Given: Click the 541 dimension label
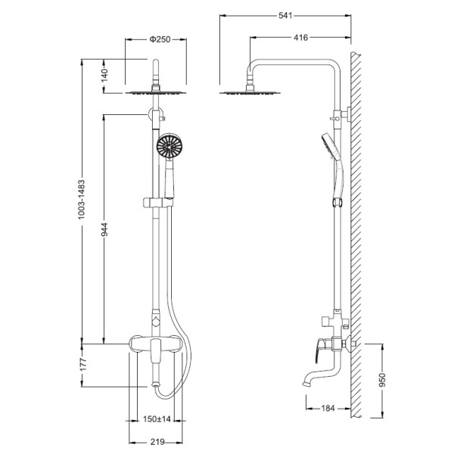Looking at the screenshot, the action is click(285, 15).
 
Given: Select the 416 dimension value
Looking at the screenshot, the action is click(301, 37).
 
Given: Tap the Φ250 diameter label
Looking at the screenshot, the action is click(160, 39).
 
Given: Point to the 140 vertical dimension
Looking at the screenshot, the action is click(104, 75).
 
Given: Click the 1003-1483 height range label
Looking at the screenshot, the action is click(82, 199).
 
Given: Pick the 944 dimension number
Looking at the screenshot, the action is click(104, 229).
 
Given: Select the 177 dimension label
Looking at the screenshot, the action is click(83, 365).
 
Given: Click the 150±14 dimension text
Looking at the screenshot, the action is click(157, 419).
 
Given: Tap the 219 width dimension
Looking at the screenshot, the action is click(157, 442).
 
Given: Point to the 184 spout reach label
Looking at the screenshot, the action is click(328, 409).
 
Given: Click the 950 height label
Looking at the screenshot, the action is click(382, 380).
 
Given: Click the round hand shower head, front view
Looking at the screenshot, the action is click(169, 146).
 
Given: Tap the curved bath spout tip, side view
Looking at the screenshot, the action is click(306, 384).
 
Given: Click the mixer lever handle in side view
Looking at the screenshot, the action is click(319, 350).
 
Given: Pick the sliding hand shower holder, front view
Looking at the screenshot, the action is click(158, 203).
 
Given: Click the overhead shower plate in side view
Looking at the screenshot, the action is click(250, 93).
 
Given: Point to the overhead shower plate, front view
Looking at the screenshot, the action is click(156, 93).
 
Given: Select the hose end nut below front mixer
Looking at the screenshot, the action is click(155, 385).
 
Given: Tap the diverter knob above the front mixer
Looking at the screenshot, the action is click(156, 322).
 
